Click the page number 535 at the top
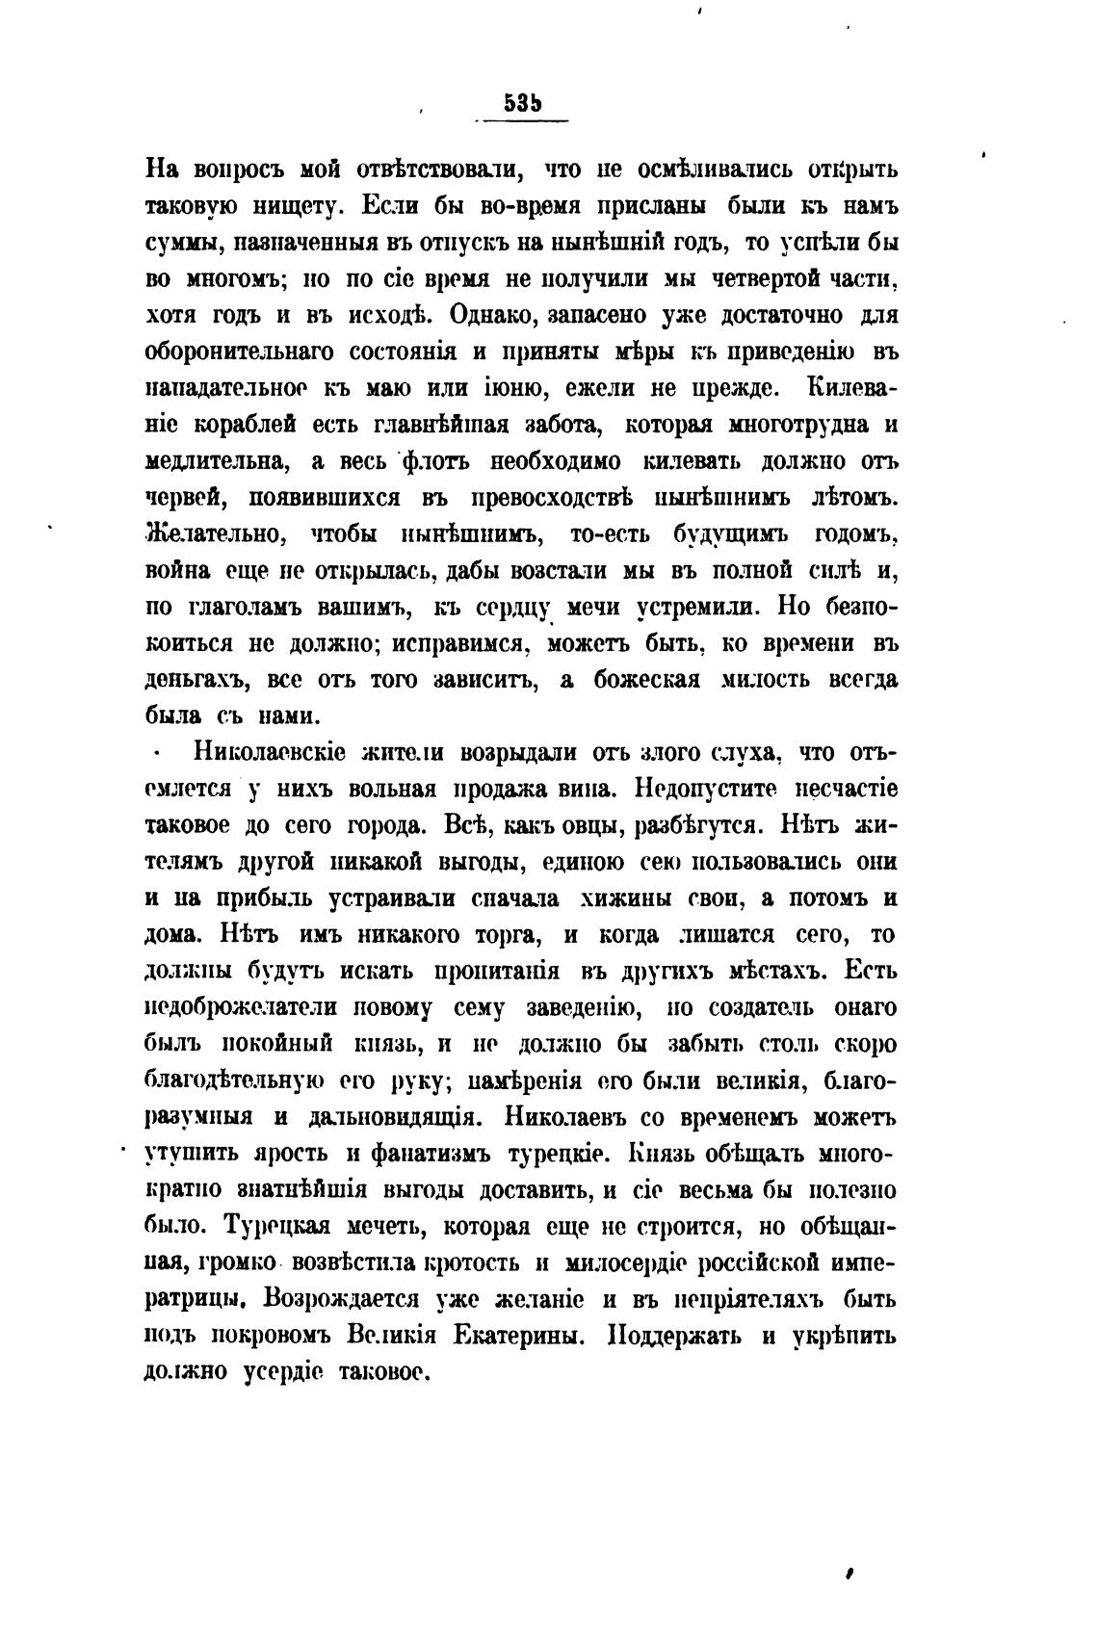tap(522, 104)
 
